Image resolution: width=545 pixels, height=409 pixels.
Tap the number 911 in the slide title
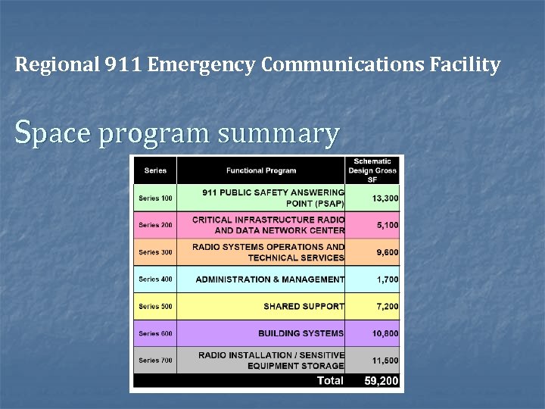pyautogui.click(x=122, y=65)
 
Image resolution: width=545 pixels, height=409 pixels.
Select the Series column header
pyautogui.click(x=155, y=170)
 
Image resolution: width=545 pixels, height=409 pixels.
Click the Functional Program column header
pyautogui.click(x=261, y=170)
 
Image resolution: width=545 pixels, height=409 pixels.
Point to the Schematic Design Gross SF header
pyautogui.click(x=372, y=170)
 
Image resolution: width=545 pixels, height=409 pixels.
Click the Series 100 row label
pyautogui.click(x=155, y=198)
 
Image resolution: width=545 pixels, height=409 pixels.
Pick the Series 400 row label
pyautogui.click(x=155, y=279)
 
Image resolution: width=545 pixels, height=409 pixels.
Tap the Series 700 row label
pyautogui.click(x=155, y=361)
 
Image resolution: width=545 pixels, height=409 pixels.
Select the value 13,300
pyautogui.click(x=385, y=198)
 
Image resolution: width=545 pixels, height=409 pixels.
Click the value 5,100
pyautogui.click(x=388, y=226)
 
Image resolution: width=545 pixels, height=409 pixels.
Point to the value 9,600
pyautogui.click(x=388, y=252)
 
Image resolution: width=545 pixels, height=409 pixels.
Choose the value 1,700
pyautogui.click(x=388, y=279)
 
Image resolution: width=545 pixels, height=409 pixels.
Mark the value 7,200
pyautogui.click(x=388, y=307)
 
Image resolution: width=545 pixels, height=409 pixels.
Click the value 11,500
pyautogui.click(x=385, y=361)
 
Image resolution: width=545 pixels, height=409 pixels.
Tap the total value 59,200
pyautogui.click(x=381, y=381)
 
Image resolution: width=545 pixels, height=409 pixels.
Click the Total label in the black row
pyautogui.click(x=329, y=381)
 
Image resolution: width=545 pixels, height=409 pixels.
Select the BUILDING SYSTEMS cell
pyautogui.click(x=301, y=333)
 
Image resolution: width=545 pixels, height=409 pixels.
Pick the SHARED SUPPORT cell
pyautogui.click(x=304, y=307)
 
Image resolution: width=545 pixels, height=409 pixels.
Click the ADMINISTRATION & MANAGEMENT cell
pyautogui.click(x=269, y=279)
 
